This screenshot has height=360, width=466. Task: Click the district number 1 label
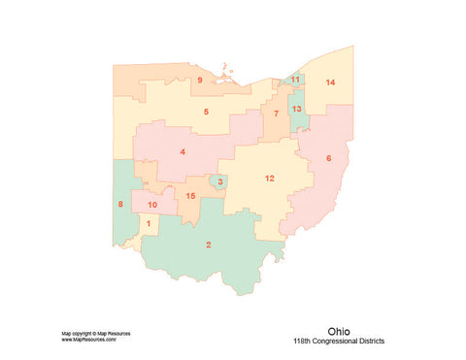[x=149, y=224]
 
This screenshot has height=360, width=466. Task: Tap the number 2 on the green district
[x=209, y=245]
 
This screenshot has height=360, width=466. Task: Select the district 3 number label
[x=220, y=181]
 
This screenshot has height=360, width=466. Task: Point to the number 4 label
[x=183, y=151]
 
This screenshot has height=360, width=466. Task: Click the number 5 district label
[x=206, y=112]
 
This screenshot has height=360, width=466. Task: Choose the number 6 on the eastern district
[x=328, y=158]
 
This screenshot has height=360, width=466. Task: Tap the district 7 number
[x=276, y=114]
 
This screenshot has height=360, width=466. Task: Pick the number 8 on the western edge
[x=120, y=204]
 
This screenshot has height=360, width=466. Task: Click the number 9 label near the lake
[x=200, y=80]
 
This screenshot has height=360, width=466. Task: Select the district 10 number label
[x=152, y=205]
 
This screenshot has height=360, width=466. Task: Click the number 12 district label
[x=269, y=178]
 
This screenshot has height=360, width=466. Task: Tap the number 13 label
[x=297, y=109]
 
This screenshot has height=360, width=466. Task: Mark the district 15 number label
[x=190, y=197]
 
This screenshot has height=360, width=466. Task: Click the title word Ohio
[x=340, y=330]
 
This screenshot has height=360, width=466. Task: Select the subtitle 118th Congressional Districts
[x=338, y=342]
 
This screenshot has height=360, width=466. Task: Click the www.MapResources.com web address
[x=89, y=341]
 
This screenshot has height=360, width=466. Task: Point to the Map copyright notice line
[x=96, y=334]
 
